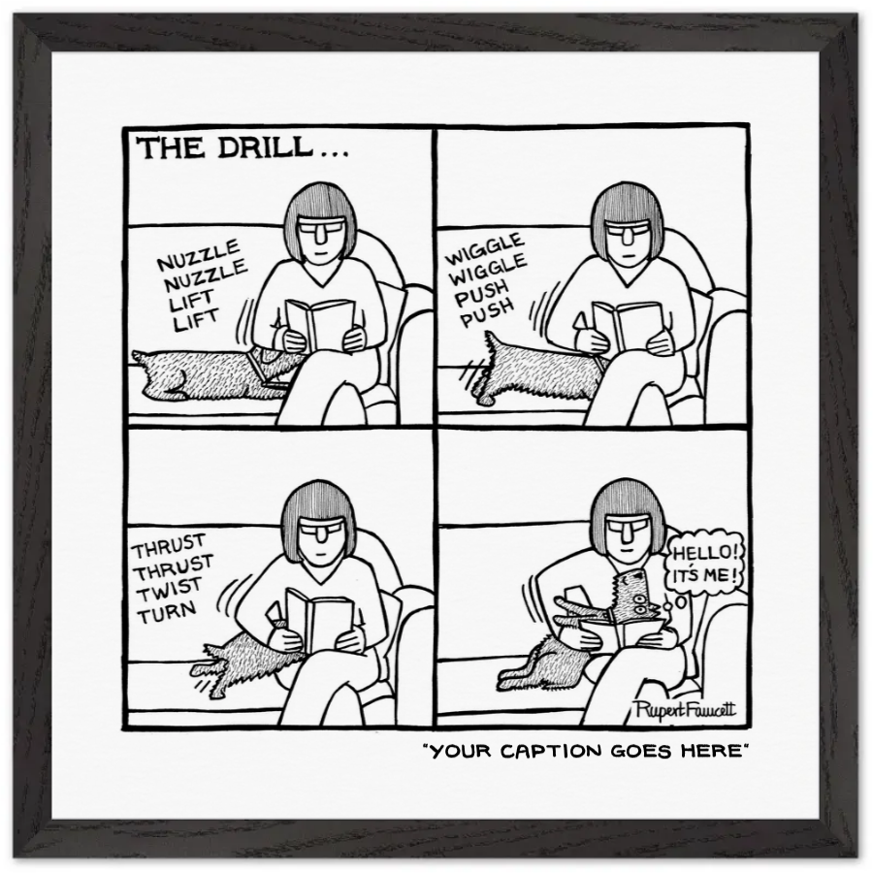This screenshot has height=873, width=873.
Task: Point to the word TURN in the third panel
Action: point(166,608)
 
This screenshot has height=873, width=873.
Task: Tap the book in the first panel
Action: point(319,324)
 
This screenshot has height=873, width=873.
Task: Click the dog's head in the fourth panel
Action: point(634,594)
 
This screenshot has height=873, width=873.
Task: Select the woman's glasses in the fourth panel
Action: point(628,532)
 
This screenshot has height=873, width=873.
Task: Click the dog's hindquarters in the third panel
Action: point(228,666)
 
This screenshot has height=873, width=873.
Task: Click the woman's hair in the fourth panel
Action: point(628,502)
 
